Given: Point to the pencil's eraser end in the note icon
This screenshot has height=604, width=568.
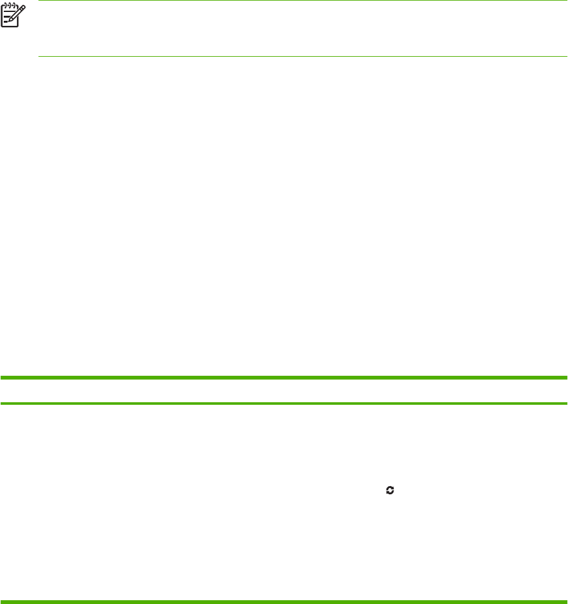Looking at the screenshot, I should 23,8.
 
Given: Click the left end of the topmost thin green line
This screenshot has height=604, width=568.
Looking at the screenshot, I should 39,1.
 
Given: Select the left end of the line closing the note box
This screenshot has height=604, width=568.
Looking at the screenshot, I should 39,57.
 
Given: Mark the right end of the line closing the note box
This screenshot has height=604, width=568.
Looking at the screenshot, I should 567,57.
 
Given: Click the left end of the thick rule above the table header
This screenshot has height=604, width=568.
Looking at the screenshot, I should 1,377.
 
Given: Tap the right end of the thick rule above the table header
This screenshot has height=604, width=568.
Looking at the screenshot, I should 567,377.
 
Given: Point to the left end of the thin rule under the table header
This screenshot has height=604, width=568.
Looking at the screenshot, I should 1,403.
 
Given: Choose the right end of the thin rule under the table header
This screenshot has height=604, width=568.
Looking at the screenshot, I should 567,403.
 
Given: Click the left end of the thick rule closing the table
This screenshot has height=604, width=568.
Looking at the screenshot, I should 1,601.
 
